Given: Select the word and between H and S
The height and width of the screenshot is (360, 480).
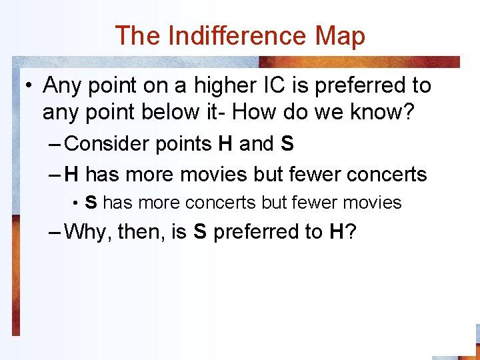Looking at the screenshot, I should coord(256,143).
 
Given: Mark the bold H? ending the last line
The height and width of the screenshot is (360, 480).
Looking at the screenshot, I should coord(341,232).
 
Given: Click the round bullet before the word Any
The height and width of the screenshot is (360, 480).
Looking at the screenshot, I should coord(29,87).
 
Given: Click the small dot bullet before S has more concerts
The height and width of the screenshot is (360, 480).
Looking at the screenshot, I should coord(77,203).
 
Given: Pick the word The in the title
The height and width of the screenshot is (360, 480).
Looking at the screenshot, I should coord(138,35).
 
